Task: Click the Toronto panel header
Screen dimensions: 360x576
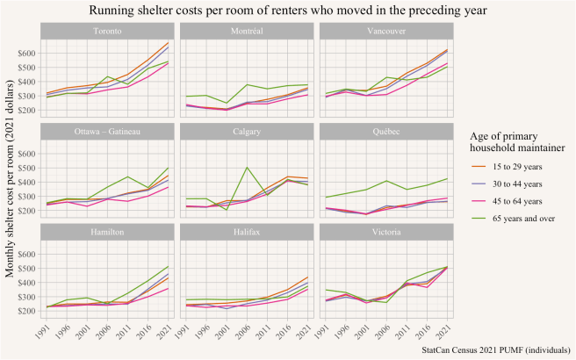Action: [x=107, y=32]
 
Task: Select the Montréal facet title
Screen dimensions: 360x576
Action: [x=247, y=32]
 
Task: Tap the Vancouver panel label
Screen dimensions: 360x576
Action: [x=386, y=32]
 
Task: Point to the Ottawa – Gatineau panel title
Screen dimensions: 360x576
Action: [x=107, y=131]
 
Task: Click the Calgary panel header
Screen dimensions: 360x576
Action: [x=247, y=131]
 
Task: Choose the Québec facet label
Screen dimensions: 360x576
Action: [x=386, y=131]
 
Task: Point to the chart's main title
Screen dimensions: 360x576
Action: [x=287, y=10]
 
